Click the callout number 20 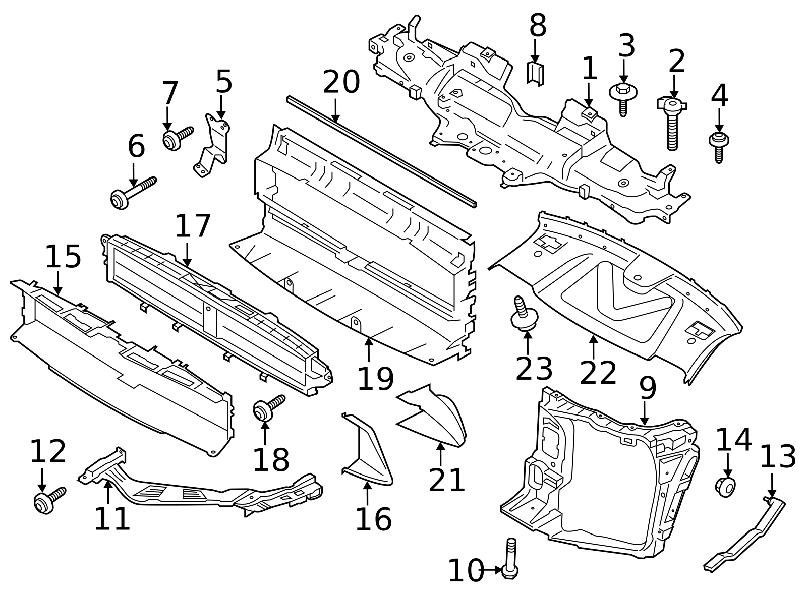click(x=341, y=82)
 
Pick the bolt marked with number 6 click(x=132, y=192)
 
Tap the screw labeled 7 click(x=177, y=137)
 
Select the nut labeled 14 click(x=725, y=486)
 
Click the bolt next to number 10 click(x=510, y=560)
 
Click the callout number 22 click(x=598, y=373)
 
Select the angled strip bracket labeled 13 click(x=745, y=535)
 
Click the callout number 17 click(x=192, y=226)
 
